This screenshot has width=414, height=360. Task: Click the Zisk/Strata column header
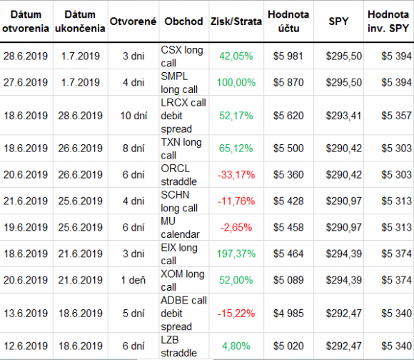(x=236, y=21)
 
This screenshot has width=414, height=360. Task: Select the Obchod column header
(x=183, y=21)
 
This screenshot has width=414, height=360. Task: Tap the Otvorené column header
(x=133, y=21)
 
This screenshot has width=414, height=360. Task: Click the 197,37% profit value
(x=236, y=254)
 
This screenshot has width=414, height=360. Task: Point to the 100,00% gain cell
(x=236, y=83)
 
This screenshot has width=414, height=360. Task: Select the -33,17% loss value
(x=236, y=175)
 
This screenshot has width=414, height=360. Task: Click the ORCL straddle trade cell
(x=178, y=175)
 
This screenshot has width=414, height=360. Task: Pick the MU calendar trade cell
(x=180, y=227)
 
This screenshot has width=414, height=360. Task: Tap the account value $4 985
(x=288, y=314)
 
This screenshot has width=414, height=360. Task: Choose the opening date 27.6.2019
(x=26, y=83)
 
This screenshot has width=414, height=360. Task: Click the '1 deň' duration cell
(x=133, y=280)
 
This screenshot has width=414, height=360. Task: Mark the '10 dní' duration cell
(x=133, y=116)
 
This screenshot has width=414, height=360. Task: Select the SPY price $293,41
(x=343, y=116)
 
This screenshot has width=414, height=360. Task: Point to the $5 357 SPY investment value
(x=396, y=116)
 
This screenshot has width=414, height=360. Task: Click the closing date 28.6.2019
(x=80, y=116)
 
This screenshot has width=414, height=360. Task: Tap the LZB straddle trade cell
(x=178, y=346)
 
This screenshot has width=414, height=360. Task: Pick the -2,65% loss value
(x=236, y=227)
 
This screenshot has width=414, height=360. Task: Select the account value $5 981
(x=288, y=56)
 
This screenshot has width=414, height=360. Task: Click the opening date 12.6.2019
(x=26, y=346)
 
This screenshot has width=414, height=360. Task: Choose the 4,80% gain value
(x=236, y=346)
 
